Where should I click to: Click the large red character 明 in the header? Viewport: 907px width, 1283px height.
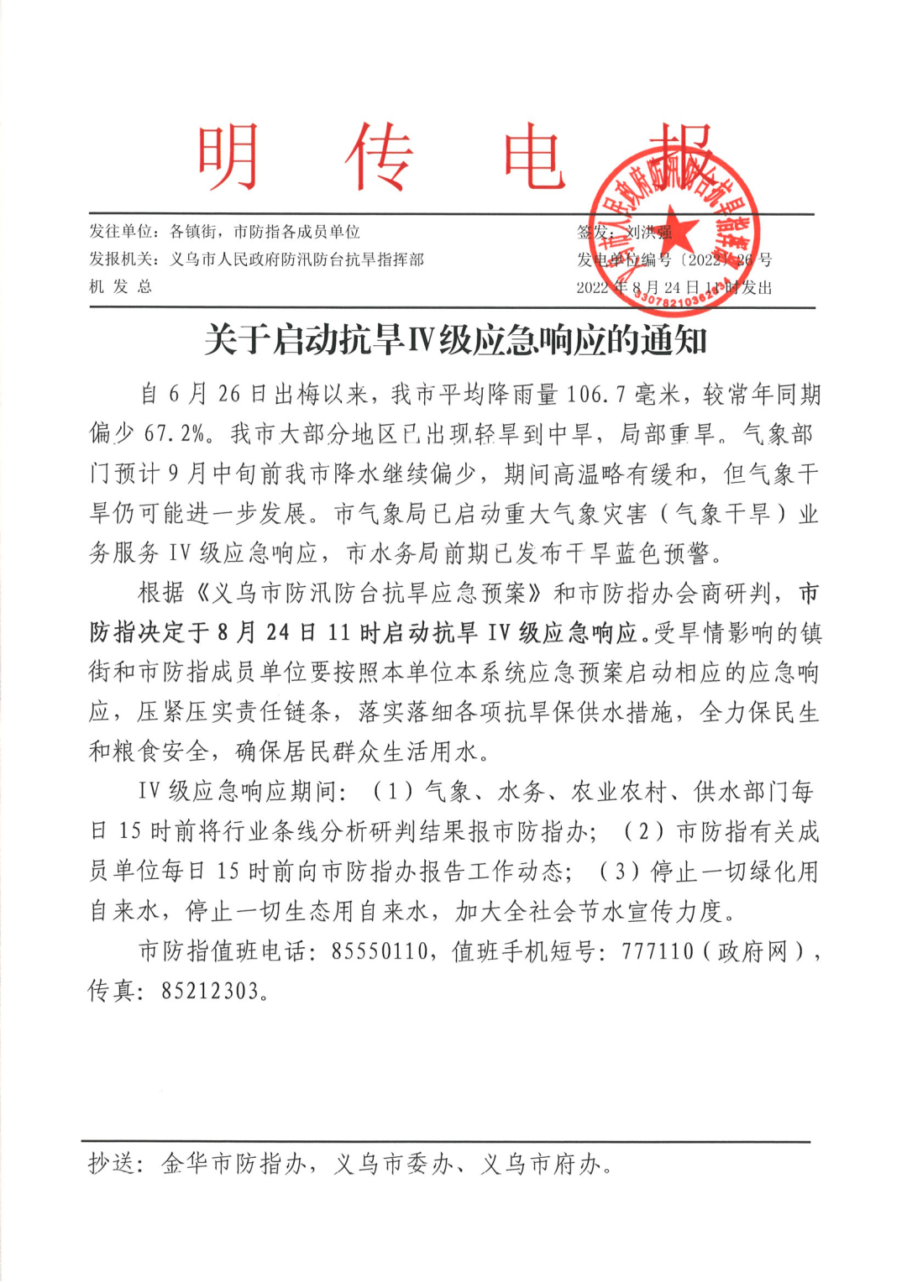pyautogui.click(x=228, y=157)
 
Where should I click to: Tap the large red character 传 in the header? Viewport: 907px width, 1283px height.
pyautogui.click(x=380, y=157)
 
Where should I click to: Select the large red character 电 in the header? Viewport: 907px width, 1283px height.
pyautogui.click(x=534, y=157)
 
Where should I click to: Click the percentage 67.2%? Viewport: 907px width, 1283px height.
pyautogui.click(x=175, y=434)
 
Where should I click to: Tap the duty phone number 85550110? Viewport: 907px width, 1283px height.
pyautogui.click(x=380, y=951)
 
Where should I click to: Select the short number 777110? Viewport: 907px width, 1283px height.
pyautogui.click(x=658, y=951)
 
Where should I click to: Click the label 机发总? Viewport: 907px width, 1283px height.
pyautogui.click(x=121, y=287)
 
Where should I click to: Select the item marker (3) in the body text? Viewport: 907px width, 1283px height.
pyautogui.click(x=620, y=872)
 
